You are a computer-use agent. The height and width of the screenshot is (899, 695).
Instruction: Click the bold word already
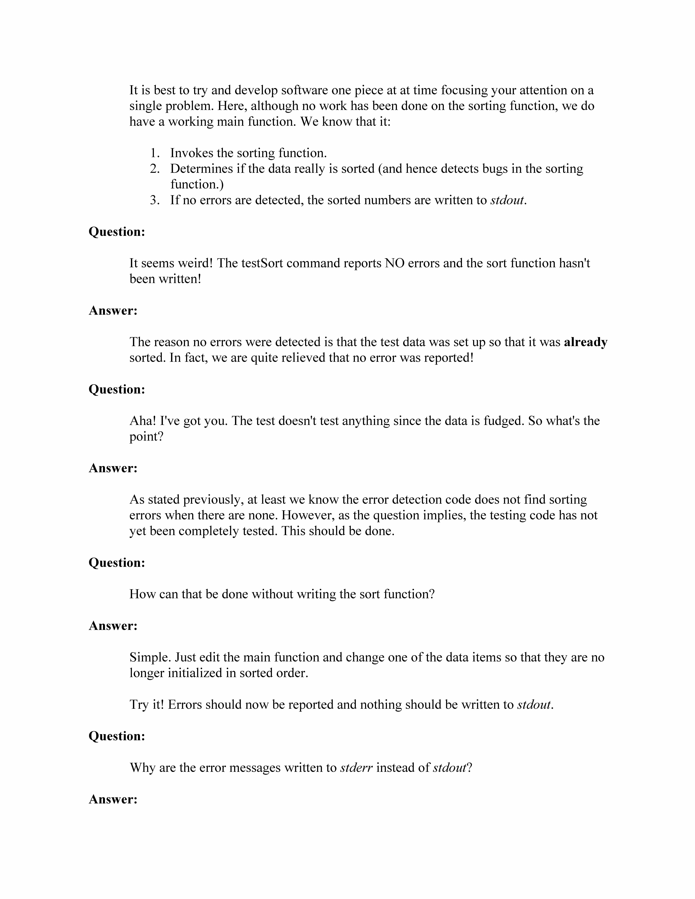click(585, 342)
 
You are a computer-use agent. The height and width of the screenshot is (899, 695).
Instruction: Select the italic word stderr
click(356, 768)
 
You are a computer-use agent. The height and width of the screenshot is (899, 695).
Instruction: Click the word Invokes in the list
click(192, 153)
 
